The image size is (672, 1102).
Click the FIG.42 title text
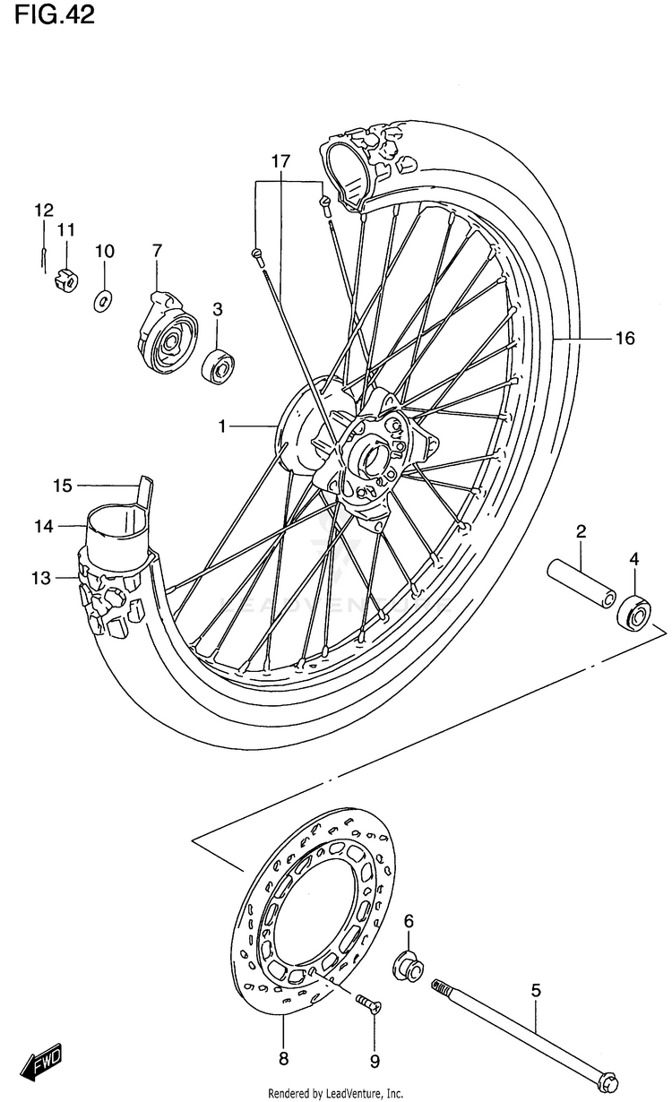pyautogui.click(x=55, y=15)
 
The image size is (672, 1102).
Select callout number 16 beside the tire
pyautogui.click(x=625, y=339)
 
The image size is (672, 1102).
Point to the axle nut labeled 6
pyautogui.click(x=408, y=966)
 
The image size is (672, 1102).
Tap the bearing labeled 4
pyautogui.click(x=634, y=611)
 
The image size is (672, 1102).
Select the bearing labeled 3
pyautogui.click(x=218, y=365)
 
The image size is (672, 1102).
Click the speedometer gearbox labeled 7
pyautogui.click(x=165, y=331)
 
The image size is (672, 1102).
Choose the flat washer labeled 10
pyautogui.click(x=103, y=301)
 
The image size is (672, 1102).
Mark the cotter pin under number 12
pyautogui.click(x=43, y=259)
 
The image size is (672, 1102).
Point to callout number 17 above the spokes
pyautogui.click(x=281, y=161)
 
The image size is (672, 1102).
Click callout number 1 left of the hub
pyautogui.click(x=222, y=426)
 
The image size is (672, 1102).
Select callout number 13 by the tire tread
pyautogui.click(x=41, y=577)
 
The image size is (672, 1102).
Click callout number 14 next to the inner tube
pyautogui.click(x=43, y=526)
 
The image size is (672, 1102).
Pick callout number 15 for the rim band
pyautogui.click(x=63, y=486)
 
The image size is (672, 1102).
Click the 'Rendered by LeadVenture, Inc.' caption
pyautogui.click(x=335, y=1094)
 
